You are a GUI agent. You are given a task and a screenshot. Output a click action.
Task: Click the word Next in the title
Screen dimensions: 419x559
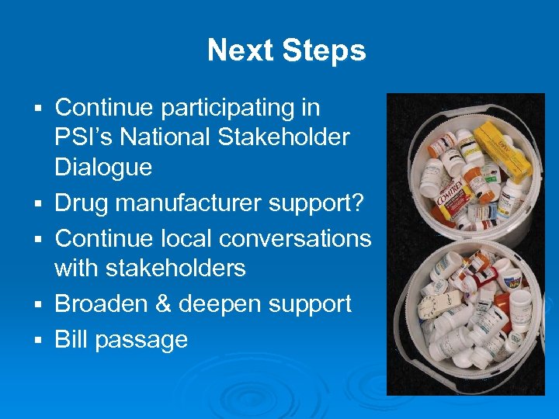coord(237,51)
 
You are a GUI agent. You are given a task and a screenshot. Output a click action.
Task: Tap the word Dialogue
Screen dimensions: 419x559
coord(102,167)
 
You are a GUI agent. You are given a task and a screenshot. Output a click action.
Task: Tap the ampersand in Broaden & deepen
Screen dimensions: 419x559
coord(161,303)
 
